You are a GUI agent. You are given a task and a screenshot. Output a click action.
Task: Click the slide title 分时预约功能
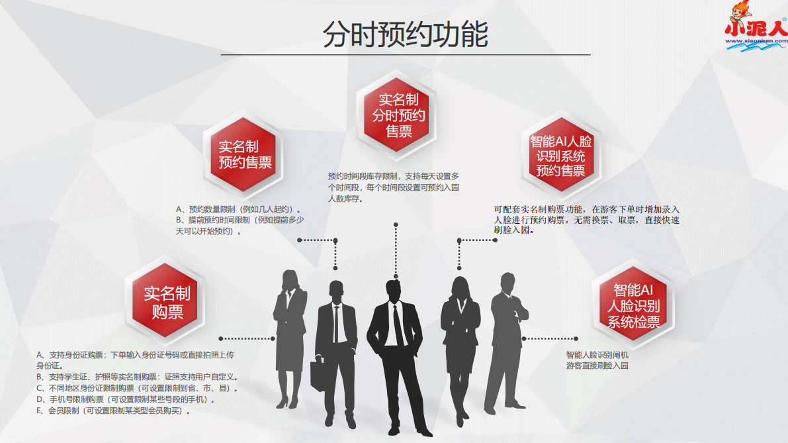pyautogui.click(x=405, y=34)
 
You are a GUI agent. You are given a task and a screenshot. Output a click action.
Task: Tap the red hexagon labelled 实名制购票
pyautogui.click(x=167, y=302)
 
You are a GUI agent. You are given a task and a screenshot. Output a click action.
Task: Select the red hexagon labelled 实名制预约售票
pyautogui.click(x=244, y=154)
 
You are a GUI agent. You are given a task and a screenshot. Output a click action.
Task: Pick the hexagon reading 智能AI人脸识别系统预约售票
pyautogui.click(x=561, y=155)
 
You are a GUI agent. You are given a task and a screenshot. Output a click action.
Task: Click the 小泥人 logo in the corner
pyautogui.click(x=756, y=26)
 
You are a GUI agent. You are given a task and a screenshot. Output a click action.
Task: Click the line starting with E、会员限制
pyautogui.click(x=113, y=411)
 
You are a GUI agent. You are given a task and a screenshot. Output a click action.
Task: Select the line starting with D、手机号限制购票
pyautogui.click(x=126, y=399)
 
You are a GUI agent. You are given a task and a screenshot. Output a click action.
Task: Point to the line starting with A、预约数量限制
pyautogui.click(x=238, y=209)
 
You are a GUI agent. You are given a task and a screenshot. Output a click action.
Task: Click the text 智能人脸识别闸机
pyautogui.click(x=597, y=355)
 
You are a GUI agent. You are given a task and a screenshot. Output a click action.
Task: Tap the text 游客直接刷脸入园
pyautogui.click(x=597, y=366)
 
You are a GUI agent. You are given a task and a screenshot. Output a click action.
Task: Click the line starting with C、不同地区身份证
pyautogui.click(x=137, y=388)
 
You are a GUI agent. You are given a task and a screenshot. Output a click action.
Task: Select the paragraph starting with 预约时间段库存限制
pyautogui.click(x=394, y=187)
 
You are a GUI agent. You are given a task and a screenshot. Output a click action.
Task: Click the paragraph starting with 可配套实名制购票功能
pyautogui.click(x=586, y=220)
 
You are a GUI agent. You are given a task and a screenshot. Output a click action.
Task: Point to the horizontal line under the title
pyautogui.click(x=406, y=54)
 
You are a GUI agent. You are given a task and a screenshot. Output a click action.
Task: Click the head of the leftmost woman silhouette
pyautogui.click(x=290, y=279)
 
